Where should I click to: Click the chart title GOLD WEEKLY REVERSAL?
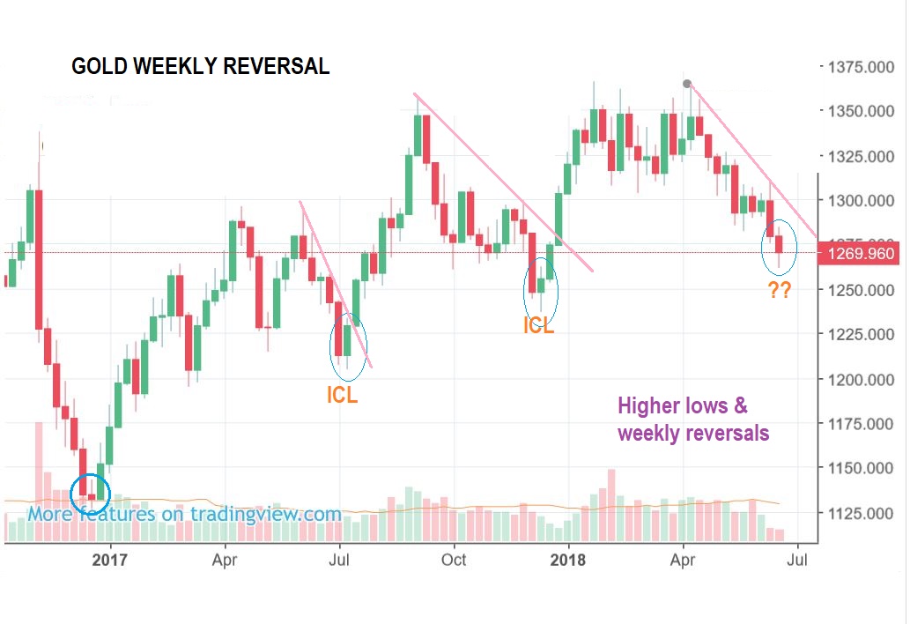click(x=200, y=67)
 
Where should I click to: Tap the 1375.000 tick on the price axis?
click(x=862, y=67)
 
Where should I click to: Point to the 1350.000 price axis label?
click(x=862, y=112)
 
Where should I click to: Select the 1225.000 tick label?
click(x=862, y=335)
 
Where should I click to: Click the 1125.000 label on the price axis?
click(x=862, y=514)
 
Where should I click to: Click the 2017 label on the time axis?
click(x=110, y=559)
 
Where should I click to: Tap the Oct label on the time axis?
click(x=454, y=559)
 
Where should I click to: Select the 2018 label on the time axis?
click(x=568, y=559)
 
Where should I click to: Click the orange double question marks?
click(x=779, y=291)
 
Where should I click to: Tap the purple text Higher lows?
click(x=683, y=406)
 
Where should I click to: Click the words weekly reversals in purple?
click(x=693, y=434)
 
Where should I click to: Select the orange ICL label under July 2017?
click(x=342, y=396)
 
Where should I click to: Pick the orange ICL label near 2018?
click(x=538, y=325)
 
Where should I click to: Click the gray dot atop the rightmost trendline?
click(x=687, y=84)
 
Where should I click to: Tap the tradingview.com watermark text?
click(x=184, y=514)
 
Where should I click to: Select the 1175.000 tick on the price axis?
click(x=862, y=425)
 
